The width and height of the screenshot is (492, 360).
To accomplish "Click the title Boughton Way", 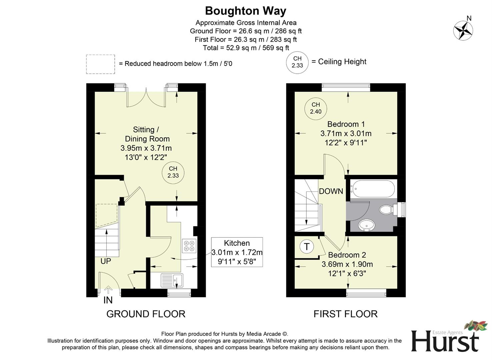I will pyautogui.click(x=246, y=11).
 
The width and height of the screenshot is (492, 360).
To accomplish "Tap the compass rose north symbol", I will pyautogui.click(x=463, y=30).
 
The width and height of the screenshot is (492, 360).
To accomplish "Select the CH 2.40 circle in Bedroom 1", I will pyautogui.click(x=316, y=108).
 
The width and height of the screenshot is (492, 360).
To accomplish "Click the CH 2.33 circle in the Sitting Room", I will pyautogui.click(x=173, y=172).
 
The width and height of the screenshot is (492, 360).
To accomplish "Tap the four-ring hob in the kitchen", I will pyautogui.click(x=189, y=246).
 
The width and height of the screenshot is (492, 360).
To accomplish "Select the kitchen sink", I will pyautogui.click(x=172, y=280).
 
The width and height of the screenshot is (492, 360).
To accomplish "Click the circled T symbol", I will pyautogui.click(x=307, y=247).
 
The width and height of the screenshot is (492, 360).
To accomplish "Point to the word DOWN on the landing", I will pyautogui.click(x=331, y=191).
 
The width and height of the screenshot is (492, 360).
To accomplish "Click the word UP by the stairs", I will pyautogui.click(x=106, y=261).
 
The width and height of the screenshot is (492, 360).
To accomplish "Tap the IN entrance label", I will pyautogui.click(x=108, y=300).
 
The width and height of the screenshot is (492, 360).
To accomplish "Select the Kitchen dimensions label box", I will pyautogui.click(x=237, y=252).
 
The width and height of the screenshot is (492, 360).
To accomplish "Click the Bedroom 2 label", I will pyautogui.click(x=347, y=255).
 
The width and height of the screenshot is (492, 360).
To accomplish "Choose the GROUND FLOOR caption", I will pyautogui.click(x=146, y=314).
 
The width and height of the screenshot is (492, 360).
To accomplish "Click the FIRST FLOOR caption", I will pyautogui.click(x=345, y=314).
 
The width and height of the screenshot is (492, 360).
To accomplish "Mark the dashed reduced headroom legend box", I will pyautogui.click(x=100, y=64).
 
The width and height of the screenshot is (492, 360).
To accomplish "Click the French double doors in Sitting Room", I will pyautogui.click(x=146, y=97).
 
